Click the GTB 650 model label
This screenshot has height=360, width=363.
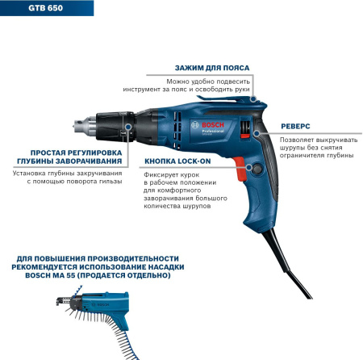[x=45, y=8]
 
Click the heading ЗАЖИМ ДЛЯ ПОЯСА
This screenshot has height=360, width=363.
[x=212, y=68]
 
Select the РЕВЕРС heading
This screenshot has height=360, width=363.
[x=295, y=126]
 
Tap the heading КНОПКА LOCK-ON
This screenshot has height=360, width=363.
[x=177, y=161]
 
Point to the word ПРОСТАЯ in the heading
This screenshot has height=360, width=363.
[x=47, y=153]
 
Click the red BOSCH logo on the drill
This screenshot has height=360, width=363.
[x=213, y=125]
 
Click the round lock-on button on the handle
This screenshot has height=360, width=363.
[x=257, y=169]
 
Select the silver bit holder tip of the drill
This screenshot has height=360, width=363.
[x=85, y=125]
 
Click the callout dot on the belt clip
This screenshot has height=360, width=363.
[x=252, y=99]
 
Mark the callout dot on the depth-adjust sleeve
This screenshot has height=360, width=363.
[x=128, y=126]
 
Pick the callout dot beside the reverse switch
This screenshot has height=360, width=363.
[x=257, y=133]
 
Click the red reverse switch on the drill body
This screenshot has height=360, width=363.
[x=244, y=136]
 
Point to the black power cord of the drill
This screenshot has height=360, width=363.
[x=286, y=264]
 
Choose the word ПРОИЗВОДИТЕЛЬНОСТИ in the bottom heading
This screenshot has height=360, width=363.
[x=133, y=258]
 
